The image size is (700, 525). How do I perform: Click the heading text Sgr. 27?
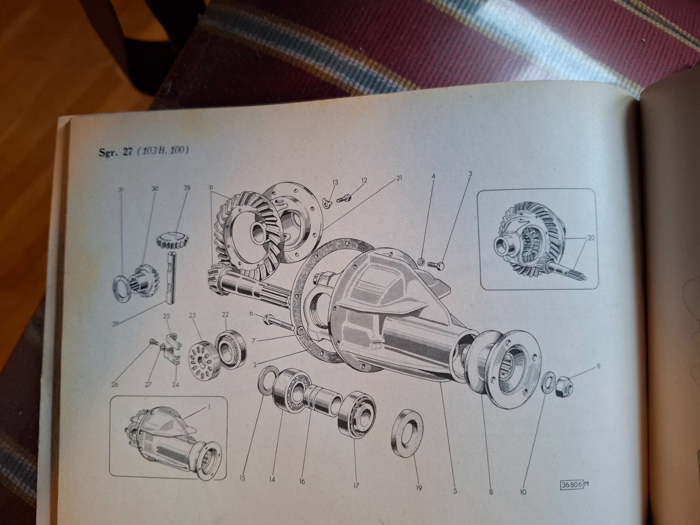pos(115,151)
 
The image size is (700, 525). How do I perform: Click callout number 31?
pos(121,190)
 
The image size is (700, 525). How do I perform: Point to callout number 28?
pos(187,188)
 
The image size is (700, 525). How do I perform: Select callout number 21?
pos(399,178)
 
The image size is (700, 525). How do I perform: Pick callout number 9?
pos(598,366)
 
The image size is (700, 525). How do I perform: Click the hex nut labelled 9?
pos(564,385)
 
